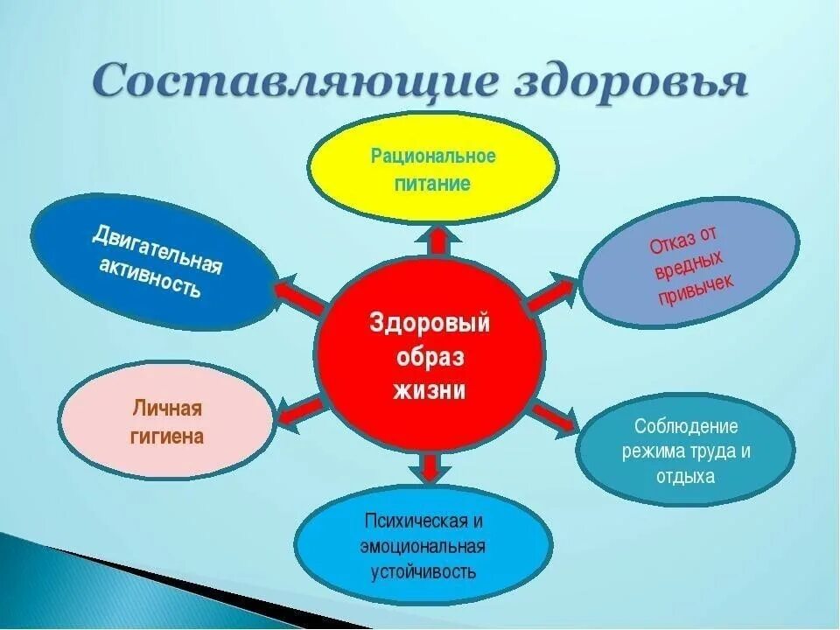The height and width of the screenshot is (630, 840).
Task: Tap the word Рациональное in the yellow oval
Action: tap(433, 157)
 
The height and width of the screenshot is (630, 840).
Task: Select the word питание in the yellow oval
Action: tap(433, 184)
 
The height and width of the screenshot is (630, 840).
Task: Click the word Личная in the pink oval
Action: tap(168, 409)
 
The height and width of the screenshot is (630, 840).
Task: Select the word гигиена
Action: tap(168, 436)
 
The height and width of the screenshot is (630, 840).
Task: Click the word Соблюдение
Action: tap(687, 426)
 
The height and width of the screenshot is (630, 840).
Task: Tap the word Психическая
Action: tap(423, 521)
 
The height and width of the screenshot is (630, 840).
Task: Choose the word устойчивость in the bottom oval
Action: tap(423, 572)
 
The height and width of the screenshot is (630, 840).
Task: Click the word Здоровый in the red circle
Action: tap(430, 322)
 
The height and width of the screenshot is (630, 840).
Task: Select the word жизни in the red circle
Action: tap(430, 389)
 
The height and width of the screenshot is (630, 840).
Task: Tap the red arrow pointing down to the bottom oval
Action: tap(429, 468)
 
